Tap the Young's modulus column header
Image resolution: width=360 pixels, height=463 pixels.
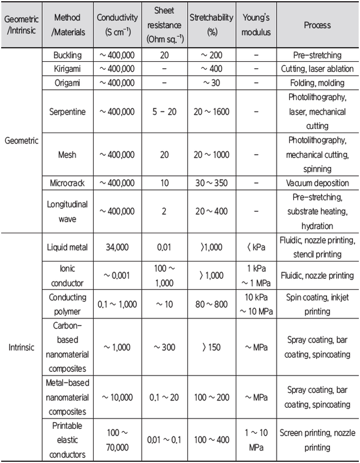point(256,26)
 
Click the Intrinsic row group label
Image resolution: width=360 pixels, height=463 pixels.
point(22,347)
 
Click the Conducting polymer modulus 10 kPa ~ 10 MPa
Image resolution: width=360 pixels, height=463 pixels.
point(256,305)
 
